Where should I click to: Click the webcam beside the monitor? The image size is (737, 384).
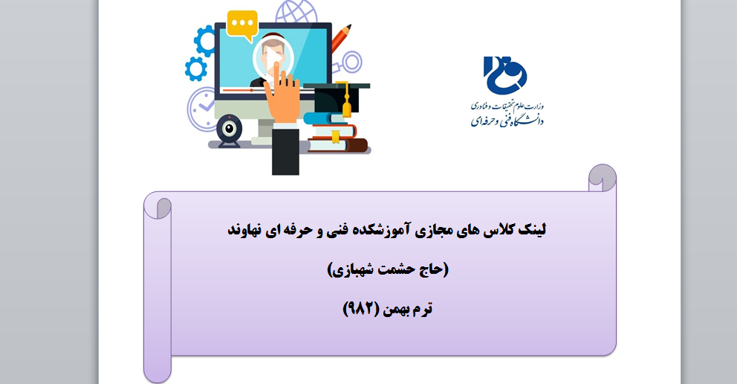(229, 131)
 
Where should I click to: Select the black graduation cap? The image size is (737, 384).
(337, 97)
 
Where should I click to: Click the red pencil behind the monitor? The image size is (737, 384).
(341, 38)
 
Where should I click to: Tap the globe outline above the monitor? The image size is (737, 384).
(296, 11)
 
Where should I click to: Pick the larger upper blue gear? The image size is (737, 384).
(205, 42)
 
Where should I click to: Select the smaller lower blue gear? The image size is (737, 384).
(196, 68)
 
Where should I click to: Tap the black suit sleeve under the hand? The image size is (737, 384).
(285, 150)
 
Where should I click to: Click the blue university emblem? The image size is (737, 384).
(504, 75)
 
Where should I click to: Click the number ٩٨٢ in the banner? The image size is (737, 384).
(360, 309)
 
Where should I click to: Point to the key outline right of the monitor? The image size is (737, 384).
(348, 63)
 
